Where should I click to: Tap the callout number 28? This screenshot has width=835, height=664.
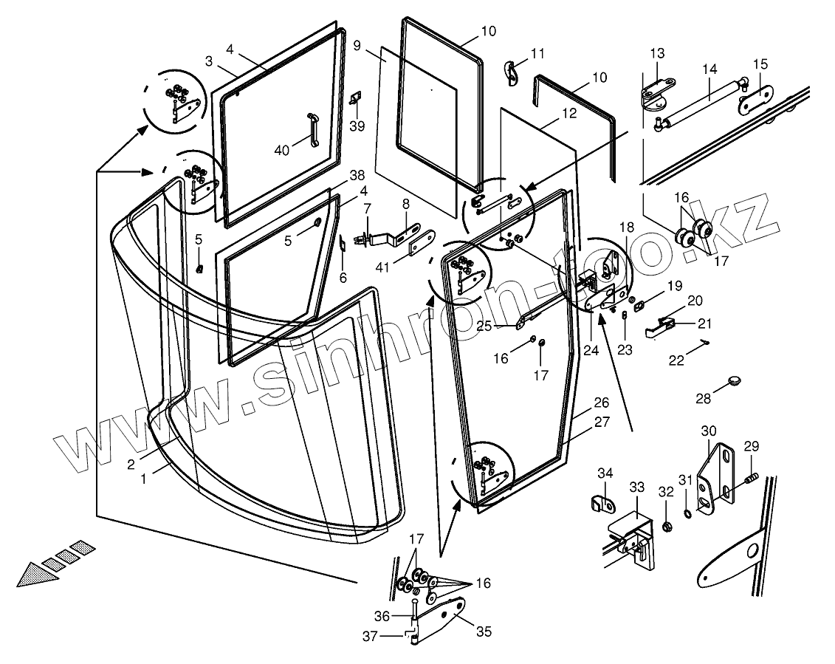coord(703,398)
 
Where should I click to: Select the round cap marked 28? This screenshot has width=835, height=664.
coord(733,380)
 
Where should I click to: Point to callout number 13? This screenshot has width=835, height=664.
coord(657,53)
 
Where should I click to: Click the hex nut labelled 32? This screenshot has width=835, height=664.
coord(667,527)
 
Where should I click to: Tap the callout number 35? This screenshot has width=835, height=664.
coord(484,632)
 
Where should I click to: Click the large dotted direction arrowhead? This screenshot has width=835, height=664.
coord(37,572)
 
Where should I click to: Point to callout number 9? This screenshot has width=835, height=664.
coord(357,46)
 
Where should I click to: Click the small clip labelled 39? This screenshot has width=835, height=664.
coord(356,99)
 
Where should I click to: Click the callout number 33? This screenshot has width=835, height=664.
coord(636,487)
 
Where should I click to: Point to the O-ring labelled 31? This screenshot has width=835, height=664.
coord(687,512)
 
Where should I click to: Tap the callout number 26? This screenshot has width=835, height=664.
coord(602,403)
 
